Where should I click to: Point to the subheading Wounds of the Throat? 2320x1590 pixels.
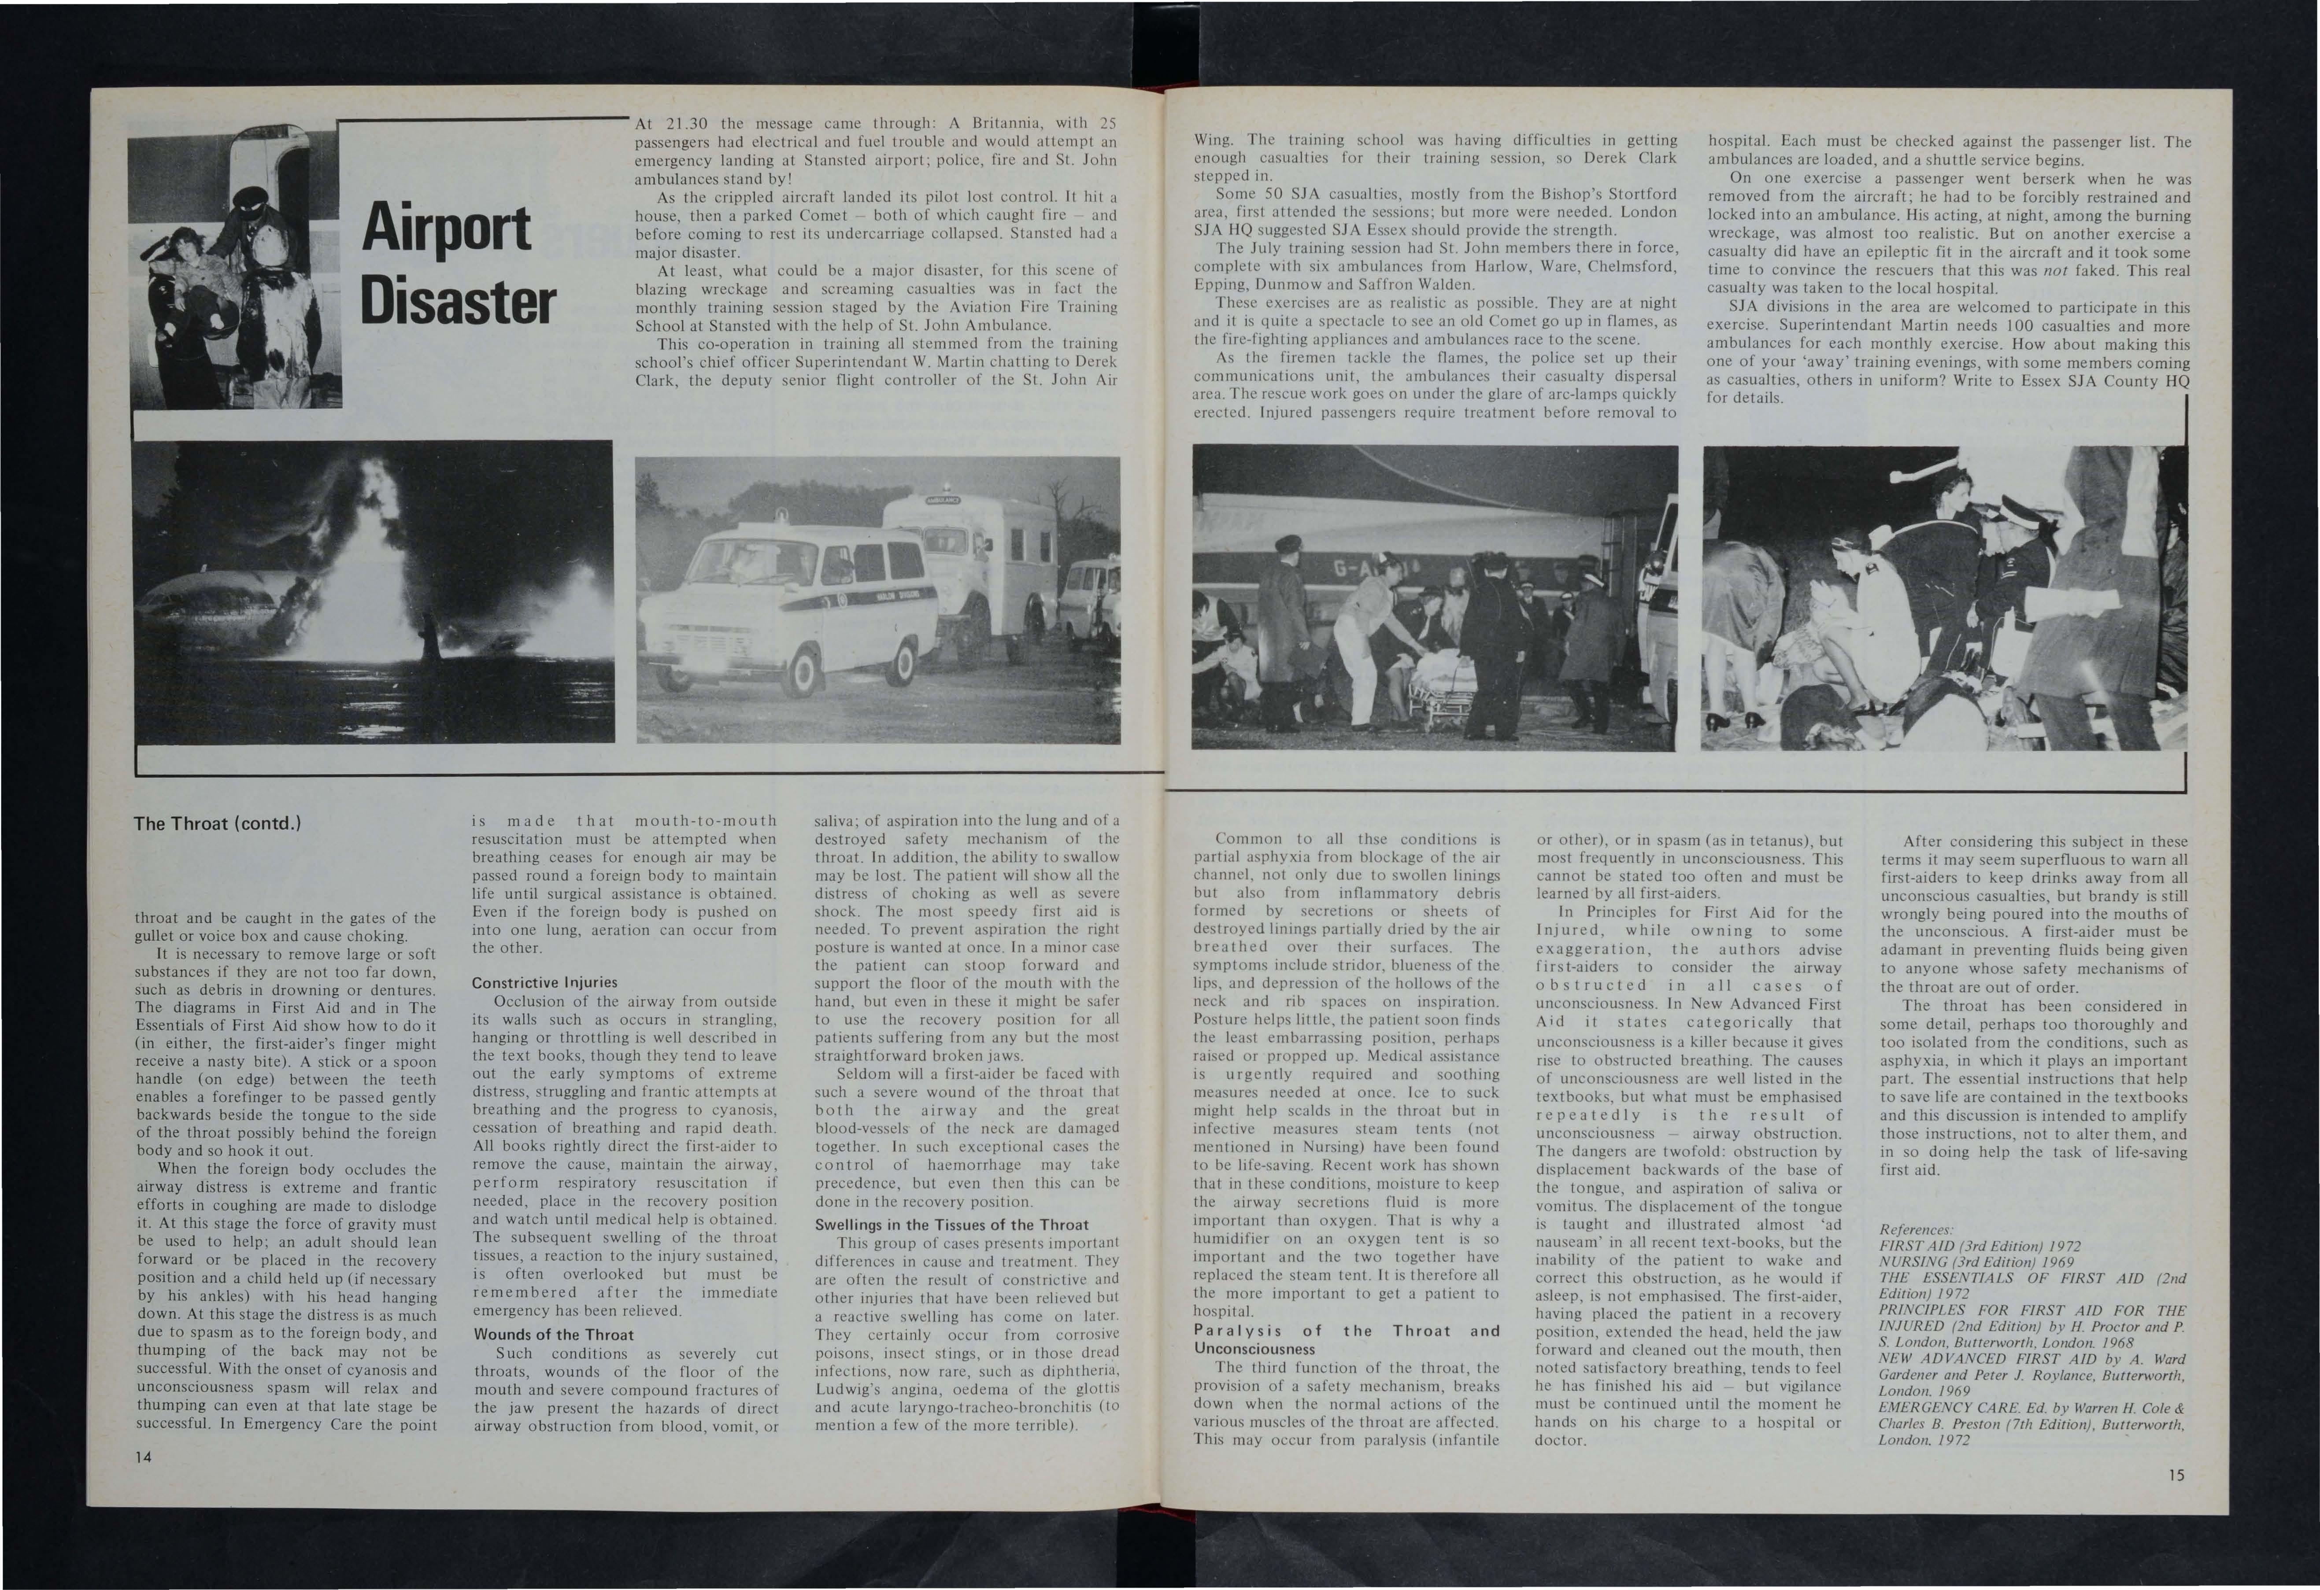click(x=553, y=1335)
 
